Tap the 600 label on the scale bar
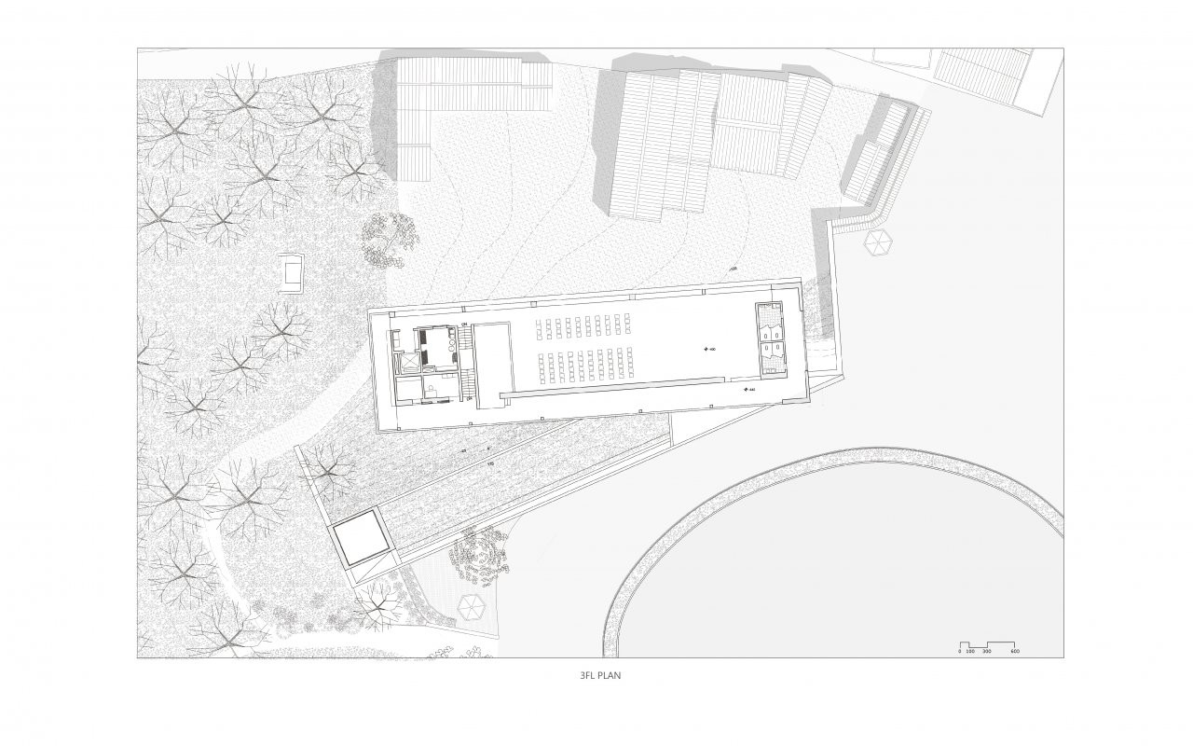[x=1015, y=651]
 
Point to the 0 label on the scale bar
[x=960, y=651]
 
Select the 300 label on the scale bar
[x=987, y=651]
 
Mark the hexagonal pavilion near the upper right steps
[x=878, y=242]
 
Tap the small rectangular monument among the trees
[x=292, y=273]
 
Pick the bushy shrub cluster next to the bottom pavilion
[x=480, y=553]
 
